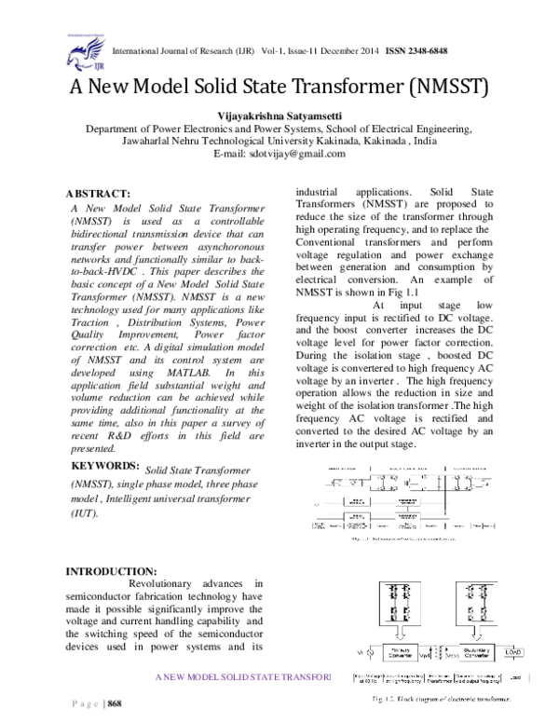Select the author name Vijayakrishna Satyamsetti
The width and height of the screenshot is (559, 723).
280,113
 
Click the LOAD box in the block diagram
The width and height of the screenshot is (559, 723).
512,650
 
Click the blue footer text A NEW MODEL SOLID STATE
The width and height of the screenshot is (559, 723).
242,675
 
